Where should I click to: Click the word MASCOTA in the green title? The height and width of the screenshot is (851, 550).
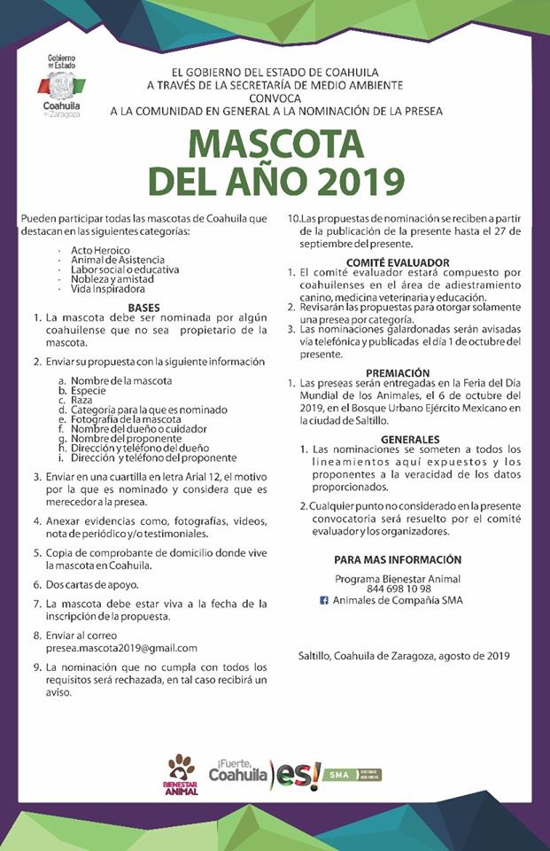coord(275,144)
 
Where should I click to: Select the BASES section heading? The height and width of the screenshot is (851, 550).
coord(143,308)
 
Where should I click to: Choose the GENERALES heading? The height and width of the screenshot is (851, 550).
coord(410,440)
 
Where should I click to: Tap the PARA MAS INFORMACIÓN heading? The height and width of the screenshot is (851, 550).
coord(398,560)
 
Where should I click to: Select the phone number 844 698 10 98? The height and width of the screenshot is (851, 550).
coord(399,589)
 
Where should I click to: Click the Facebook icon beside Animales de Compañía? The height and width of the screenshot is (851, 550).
coord(324,600)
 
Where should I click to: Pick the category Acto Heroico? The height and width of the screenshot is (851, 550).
coord(100,251)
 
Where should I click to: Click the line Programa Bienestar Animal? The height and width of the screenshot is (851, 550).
coord(398,578)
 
